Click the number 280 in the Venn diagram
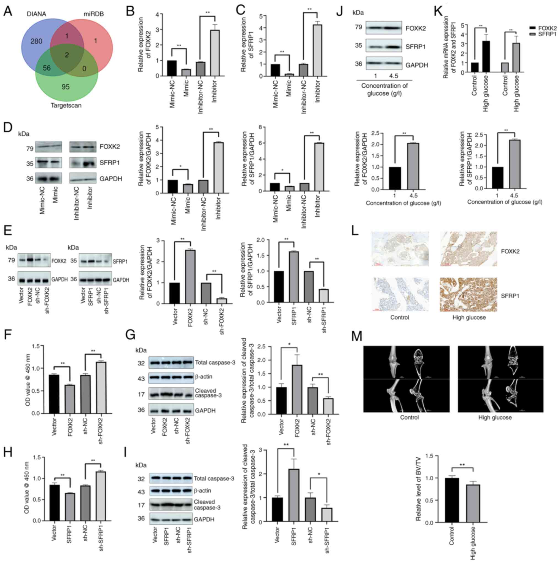[36, 41]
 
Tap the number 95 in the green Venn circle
[66, 87]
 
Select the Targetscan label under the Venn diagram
[66, 106]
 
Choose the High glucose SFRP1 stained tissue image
[468, 295]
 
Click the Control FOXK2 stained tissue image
[400, 249]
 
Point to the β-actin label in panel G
[204, 376]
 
